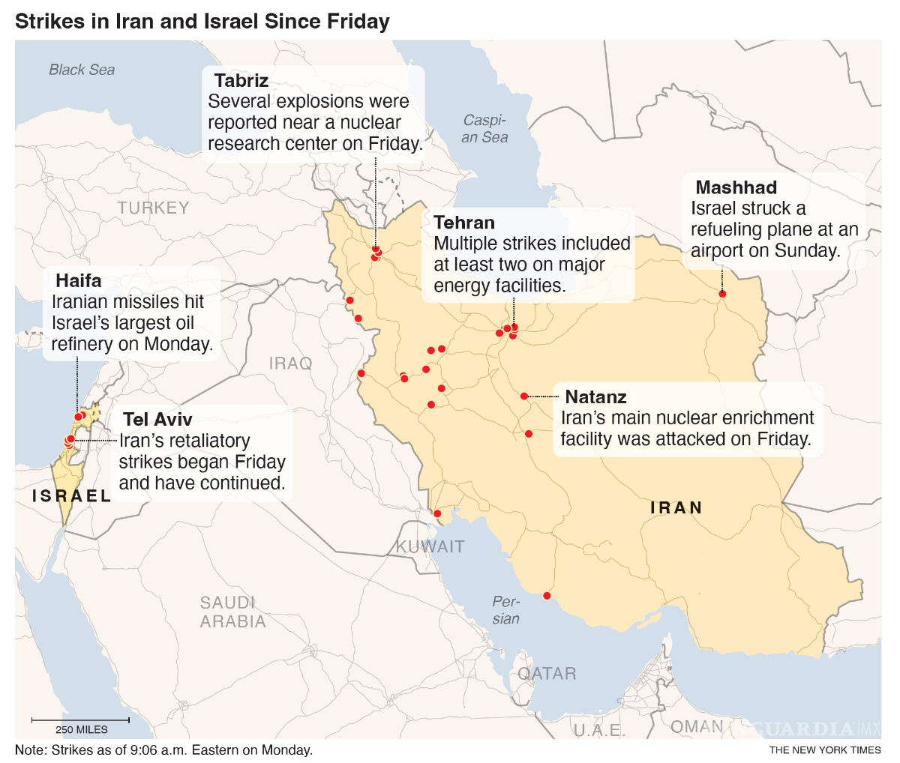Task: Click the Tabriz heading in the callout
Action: tap(241, 80)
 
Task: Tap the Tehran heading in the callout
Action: tap(464, 223)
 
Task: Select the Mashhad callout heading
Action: tap(736, 187)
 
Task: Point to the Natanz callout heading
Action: tap(595, 396)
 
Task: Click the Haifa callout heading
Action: tap(78, 281)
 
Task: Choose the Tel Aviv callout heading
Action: tap(157, 420)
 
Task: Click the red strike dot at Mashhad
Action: tap(722, 294)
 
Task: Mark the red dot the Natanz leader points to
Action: tap(524, 396)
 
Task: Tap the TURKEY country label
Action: tap(153, 208)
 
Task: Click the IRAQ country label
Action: tap(290, 364)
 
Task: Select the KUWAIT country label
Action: tap(430, 546)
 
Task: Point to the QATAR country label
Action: tap(547, 673)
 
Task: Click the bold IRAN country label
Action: tap(676, 507)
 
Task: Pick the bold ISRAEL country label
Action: tap(71, 495)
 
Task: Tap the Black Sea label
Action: tap(82, 70)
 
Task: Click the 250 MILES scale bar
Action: tap(80, 721)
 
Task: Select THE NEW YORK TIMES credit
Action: tap(824, 750)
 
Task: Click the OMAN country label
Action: tap(697, 726)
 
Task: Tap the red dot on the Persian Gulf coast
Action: tap(547, 596)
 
